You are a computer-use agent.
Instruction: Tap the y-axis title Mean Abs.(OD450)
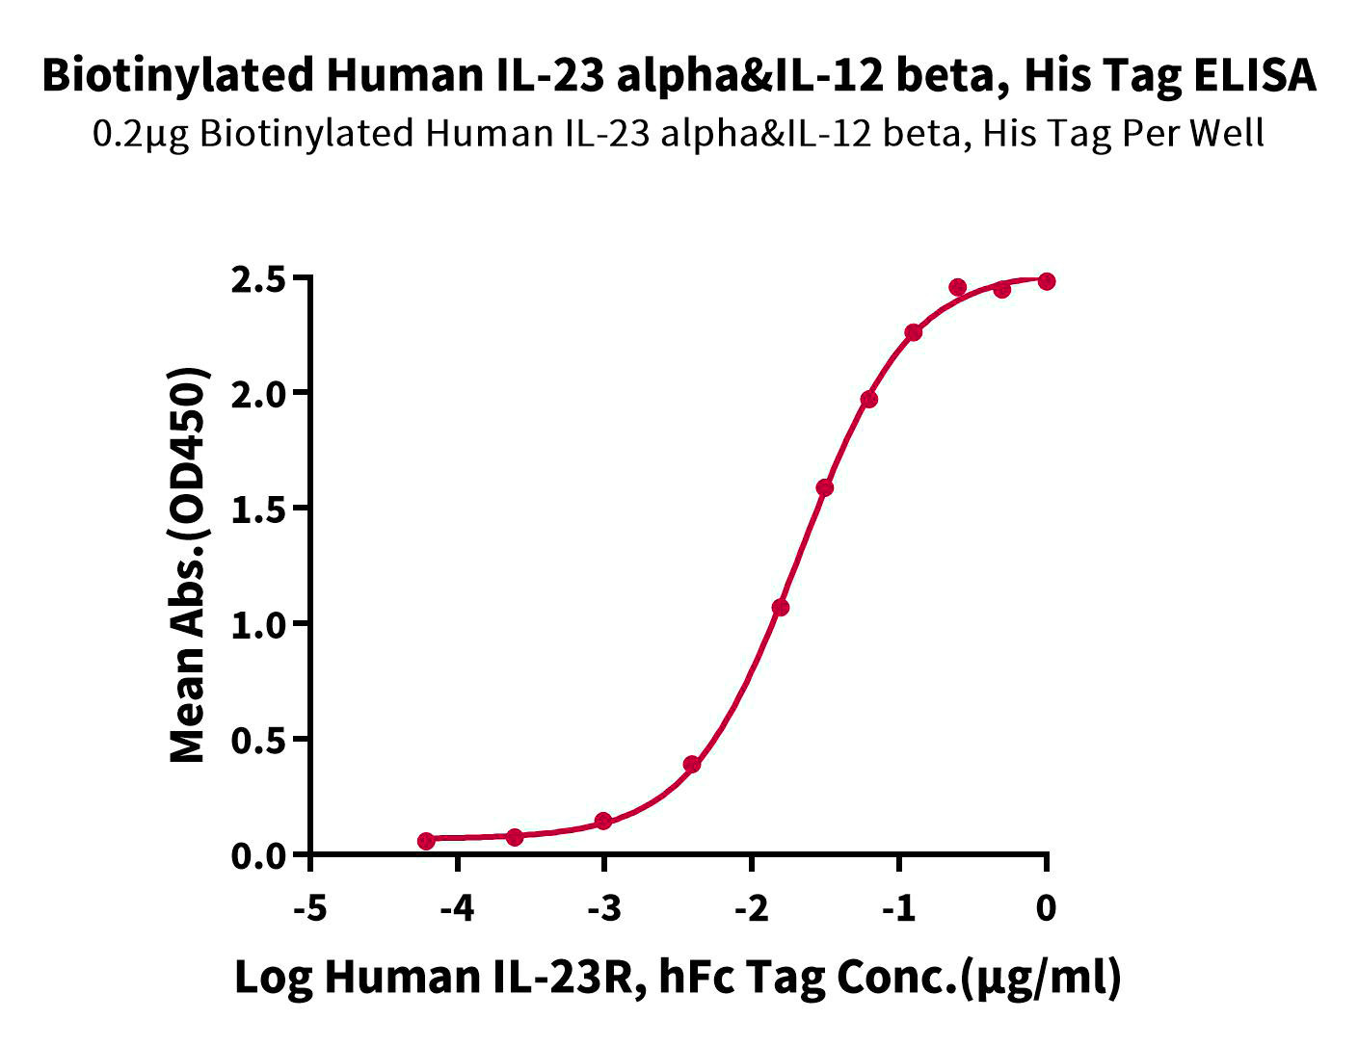point(188,565)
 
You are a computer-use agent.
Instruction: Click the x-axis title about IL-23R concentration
point(679,978)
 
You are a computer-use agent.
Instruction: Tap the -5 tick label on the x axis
point(310,907)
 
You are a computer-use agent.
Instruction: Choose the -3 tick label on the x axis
point(603,907)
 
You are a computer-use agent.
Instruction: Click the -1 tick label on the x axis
point(898,907)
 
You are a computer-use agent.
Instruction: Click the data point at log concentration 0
point(1047,281)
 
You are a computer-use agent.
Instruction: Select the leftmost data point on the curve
point(426,841)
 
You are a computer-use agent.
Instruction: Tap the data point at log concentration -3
point(603,821)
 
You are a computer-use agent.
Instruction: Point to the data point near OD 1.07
point(781,608)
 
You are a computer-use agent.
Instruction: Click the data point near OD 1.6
point(825,488)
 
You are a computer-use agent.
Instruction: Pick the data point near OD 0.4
point(692,765)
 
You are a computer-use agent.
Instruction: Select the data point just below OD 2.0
point(869,399)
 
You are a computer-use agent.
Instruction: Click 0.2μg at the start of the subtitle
point(143,133)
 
